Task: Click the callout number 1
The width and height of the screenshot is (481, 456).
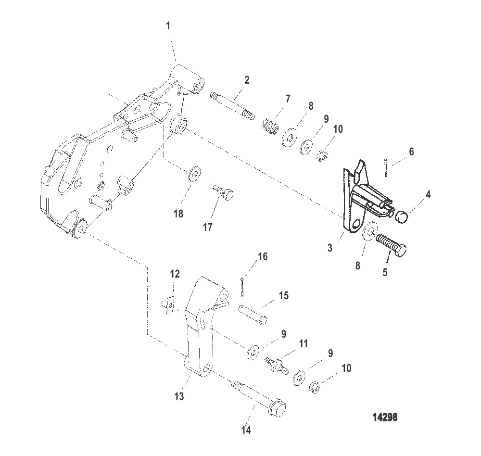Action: [x=168, y=26]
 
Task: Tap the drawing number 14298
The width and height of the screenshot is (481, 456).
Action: [x=385, y=418]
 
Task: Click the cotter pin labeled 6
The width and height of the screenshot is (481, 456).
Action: [x=386, y=167]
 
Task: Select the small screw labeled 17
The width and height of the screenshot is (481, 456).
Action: [x=221, y=191]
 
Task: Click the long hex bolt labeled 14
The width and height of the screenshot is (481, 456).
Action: [x=258, y=397]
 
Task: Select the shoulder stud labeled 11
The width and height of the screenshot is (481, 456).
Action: [x=277, y=365]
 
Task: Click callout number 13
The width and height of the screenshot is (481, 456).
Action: [x=179, y=396]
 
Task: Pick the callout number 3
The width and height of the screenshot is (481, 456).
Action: [x=330, y=248]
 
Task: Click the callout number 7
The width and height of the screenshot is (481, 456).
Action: [x=288, y=99]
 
